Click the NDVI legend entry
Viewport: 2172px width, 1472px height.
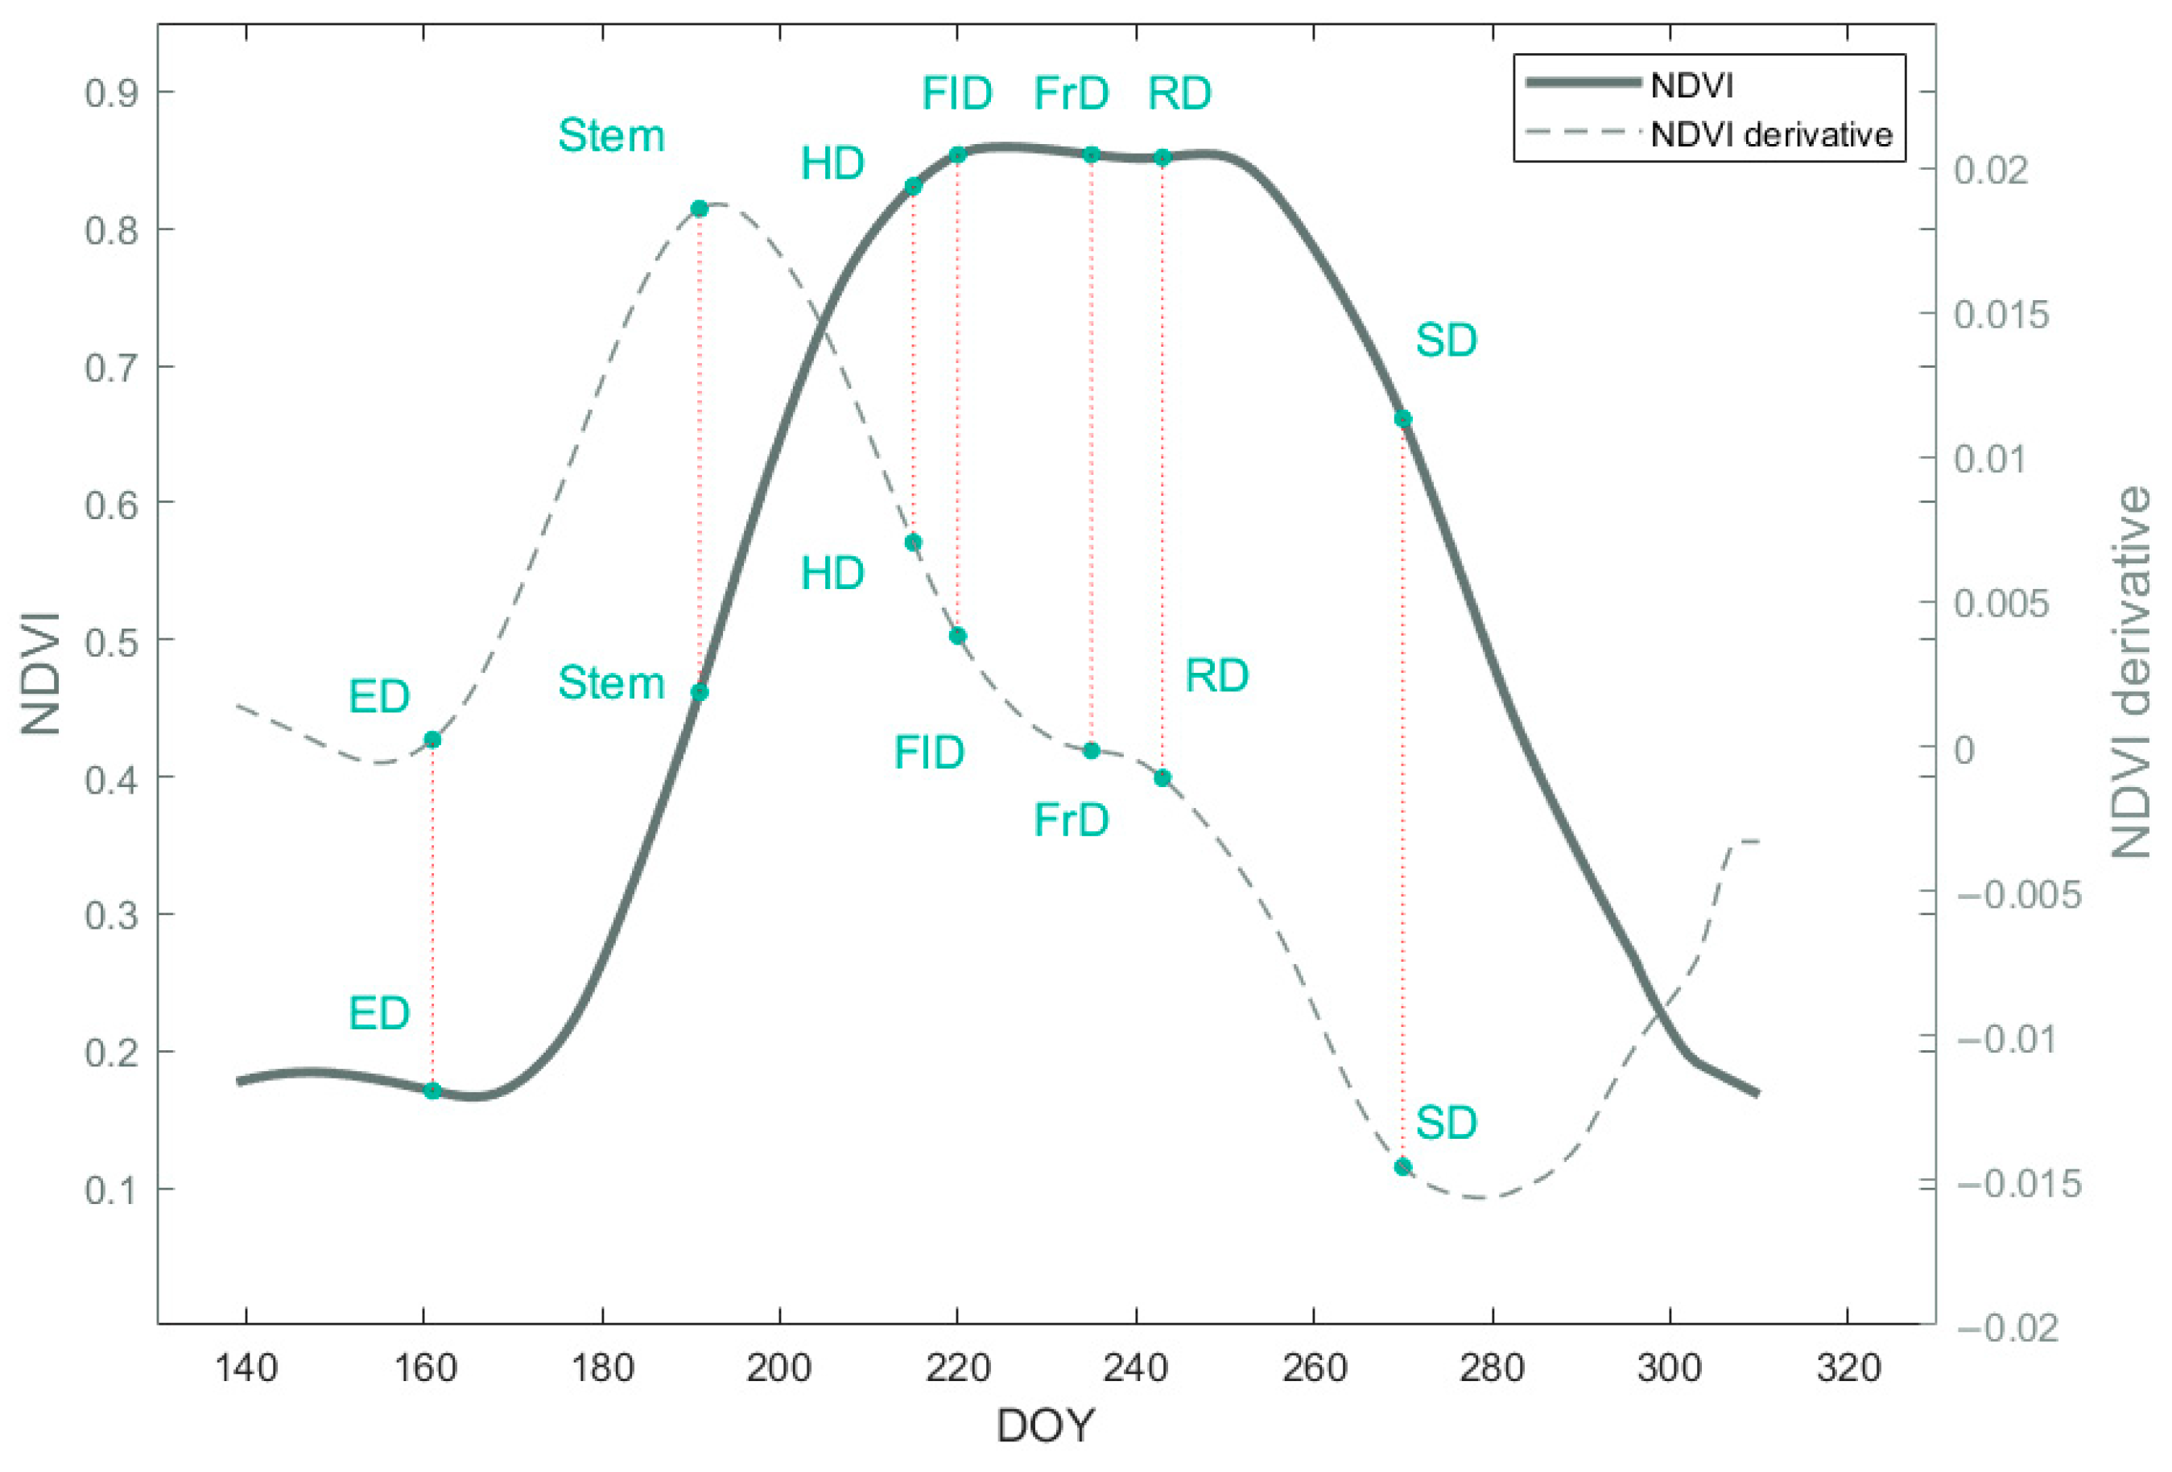click(x=1691, y=85)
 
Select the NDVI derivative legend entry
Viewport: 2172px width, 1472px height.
click(x=1770, y=134)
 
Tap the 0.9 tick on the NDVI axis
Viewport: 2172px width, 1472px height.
click(x=110, y=93)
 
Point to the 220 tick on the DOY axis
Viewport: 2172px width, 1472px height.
click(x=957, y=1368)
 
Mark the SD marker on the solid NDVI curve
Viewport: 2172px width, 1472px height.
click(x=1402, y=419)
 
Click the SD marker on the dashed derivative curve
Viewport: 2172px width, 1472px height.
click(x=1402, y=1166)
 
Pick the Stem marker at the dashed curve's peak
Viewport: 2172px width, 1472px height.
click(x=699, y=208)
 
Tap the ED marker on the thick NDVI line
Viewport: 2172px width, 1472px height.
click(x=432, y=1090)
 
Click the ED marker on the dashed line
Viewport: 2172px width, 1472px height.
click(x=432, y=740)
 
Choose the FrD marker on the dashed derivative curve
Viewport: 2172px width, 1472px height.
click(x=1091, y=750)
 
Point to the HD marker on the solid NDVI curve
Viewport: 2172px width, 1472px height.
click(x=913, y=186)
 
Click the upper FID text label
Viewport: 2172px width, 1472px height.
click(x=957, y=93)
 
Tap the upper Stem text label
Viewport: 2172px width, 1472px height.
click(x=611, y=137)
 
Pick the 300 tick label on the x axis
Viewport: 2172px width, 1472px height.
click(x=1669, y=1368)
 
